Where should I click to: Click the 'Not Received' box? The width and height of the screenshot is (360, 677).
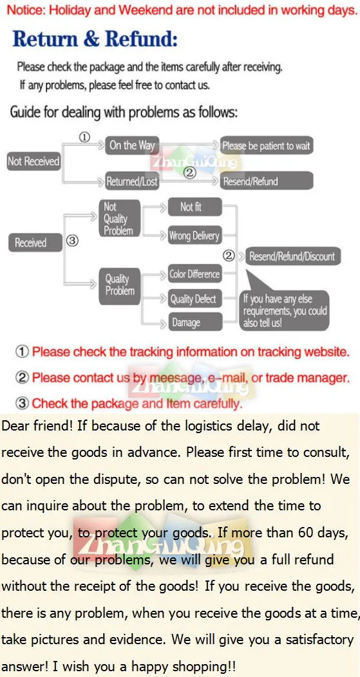(33, 162)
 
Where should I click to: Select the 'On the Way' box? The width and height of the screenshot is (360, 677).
(132, 145)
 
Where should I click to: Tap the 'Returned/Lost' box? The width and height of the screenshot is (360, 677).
(132, 181)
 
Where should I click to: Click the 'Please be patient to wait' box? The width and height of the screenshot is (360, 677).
(266, 146)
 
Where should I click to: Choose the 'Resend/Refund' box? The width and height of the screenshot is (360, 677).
(266, 181)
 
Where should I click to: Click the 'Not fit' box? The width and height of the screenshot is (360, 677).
(194, 207)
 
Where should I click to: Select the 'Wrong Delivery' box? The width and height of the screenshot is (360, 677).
(194, 236)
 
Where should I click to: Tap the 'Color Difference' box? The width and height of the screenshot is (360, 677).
(194, 274)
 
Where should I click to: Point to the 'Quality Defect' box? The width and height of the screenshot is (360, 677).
(194, 299)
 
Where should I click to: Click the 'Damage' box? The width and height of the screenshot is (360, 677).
(194, 322)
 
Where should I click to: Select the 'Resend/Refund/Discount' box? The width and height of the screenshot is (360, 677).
(292, 257)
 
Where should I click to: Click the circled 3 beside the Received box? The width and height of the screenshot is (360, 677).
(72, 241)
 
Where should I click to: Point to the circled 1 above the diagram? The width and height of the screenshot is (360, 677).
(84, 137)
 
